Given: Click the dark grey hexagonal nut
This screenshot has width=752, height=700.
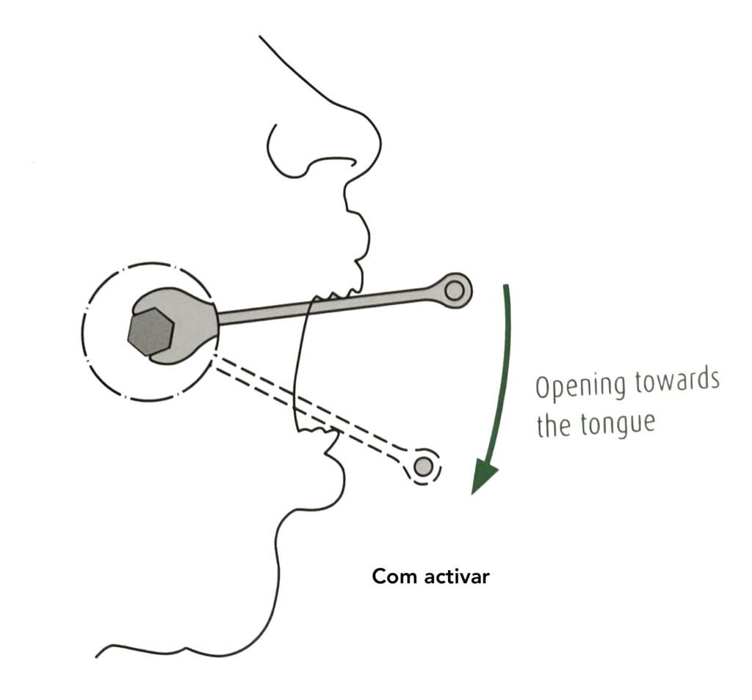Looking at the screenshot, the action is pyautogui.click(x=151, y=332).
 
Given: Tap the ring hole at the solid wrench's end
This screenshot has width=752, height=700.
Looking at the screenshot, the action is pyautogui.click(x=454, y=290).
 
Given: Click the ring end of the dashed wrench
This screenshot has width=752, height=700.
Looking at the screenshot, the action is pyautogui.click(x=423, y=466).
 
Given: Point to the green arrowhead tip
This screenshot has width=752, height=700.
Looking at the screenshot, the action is pyautogui.click(x=473, y=494).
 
